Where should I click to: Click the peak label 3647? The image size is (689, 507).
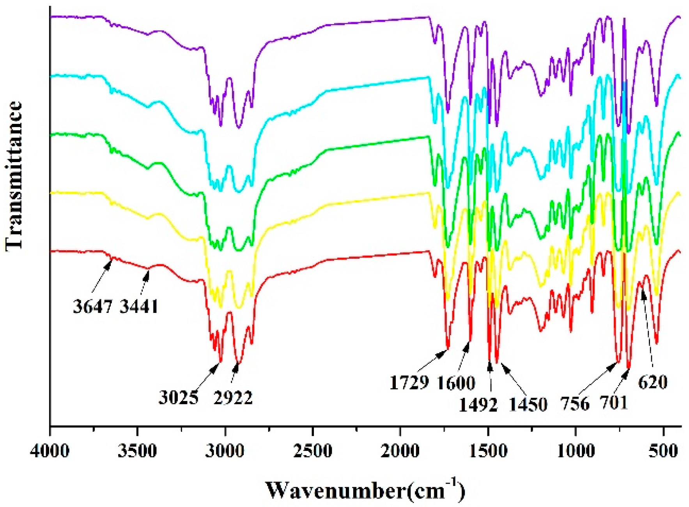pos(93,307)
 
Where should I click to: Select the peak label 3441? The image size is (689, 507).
pos(139,307)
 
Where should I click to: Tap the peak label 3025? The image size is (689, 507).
pos(179,398)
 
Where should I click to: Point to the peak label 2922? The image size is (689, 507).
pos(233,398)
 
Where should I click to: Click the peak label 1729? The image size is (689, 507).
pos(410,383)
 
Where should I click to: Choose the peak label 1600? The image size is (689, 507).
pos(456,383)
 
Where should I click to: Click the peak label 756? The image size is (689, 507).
pos(575,404)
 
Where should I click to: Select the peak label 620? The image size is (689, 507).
pos(653,382)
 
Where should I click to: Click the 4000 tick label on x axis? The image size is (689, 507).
pos(50,451)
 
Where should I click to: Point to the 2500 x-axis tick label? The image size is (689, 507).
pos(313,451)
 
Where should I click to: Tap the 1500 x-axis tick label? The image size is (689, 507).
pos(488,451)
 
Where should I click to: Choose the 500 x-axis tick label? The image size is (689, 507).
pos(663,451)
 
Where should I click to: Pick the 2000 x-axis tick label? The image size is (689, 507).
pos(400,451)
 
